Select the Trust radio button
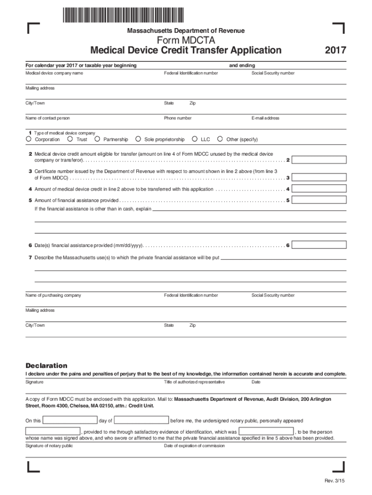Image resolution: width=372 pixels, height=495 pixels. [x=71, y=140]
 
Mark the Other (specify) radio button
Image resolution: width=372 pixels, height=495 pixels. [x=220, y=140]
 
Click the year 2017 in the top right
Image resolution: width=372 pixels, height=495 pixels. [x=335, y=50]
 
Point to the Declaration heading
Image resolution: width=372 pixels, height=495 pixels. [x=46, y=365]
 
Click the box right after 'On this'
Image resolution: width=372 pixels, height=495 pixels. [x=70, y=420]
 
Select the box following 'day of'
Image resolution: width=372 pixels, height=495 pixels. [x=141, y=420]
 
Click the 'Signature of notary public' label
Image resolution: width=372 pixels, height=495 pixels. [x=49, y=446]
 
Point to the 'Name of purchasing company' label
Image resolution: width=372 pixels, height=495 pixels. [x=53, y=295]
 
